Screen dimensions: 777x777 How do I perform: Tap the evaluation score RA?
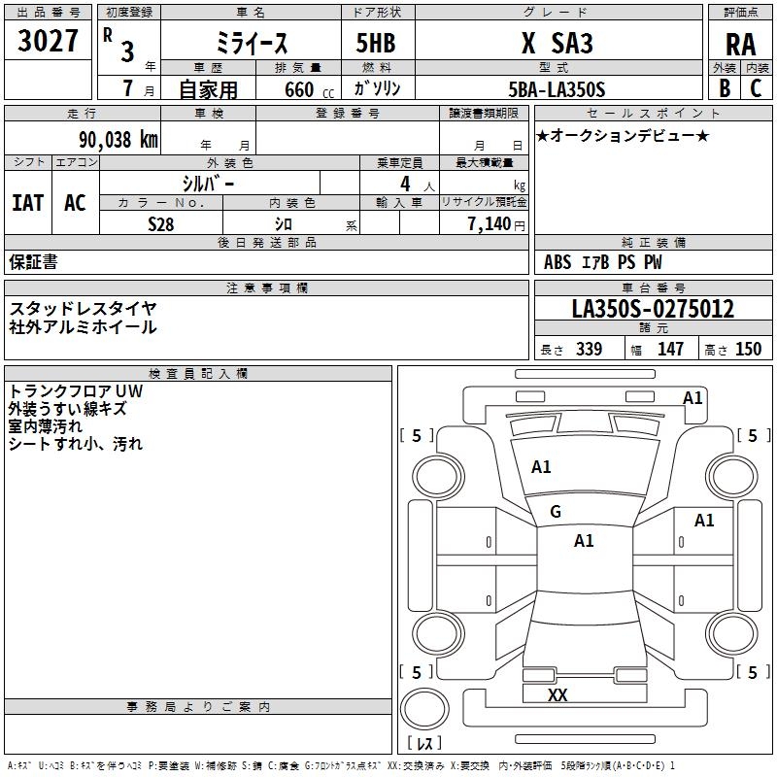(x=740, y=46)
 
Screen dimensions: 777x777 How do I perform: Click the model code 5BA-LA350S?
(x=557, y=89)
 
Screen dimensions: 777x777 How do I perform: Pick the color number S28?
(x=160, y=223)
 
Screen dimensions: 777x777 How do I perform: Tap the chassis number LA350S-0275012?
(x=653, y=310)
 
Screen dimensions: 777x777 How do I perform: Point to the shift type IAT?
(x=27, y=202)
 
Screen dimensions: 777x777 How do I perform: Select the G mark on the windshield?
(x=556, y=512)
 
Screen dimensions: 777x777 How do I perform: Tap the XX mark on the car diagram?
(x=557, y=695)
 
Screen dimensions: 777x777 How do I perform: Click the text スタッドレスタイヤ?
(x=83, y=308)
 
